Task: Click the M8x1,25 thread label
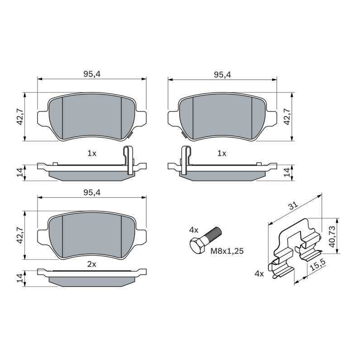tap(227, 251)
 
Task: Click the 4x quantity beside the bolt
tap(194, 230)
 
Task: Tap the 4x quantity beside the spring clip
tap(259, 274)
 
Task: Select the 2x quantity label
tap(92, 264)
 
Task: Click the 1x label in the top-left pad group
tap(92, 153)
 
